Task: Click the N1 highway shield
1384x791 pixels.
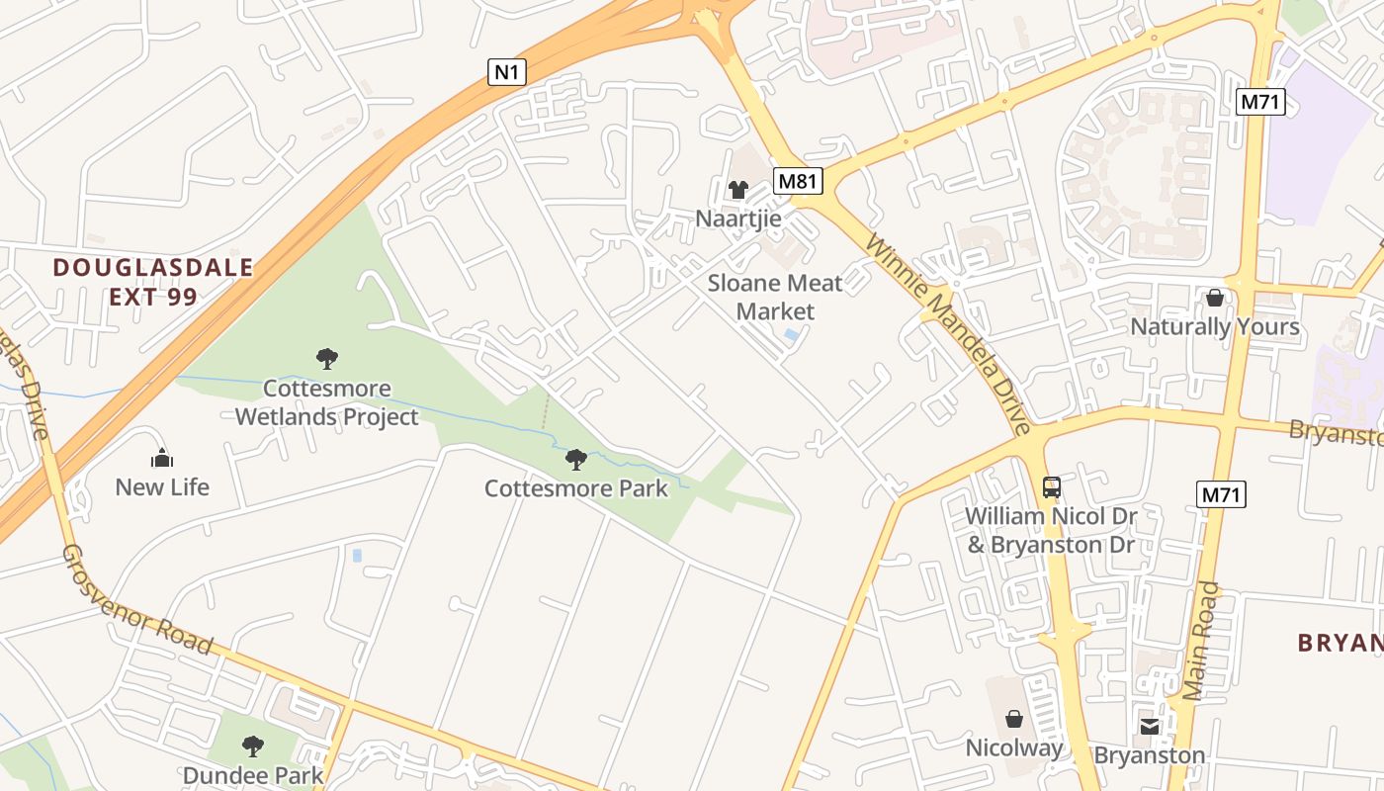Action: [507, 71]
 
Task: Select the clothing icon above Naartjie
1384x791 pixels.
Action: [738, 190]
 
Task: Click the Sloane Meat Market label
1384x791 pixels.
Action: [775, 298]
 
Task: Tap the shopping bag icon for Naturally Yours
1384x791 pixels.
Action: [1215, 298]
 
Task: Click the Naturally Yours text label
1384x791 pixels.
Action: [1215, 326]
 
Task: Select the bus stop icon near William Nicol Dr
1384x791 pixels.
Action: [1052, 486]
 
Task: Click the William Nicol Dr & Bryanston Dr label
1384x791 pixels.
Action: [1051, 530]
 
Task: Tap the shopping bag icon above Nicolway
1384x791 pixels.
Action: [1014, 719]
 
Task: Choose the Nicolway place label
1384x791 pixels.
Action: [1014, 747]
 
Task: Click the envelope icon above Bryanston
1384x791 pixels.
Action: [1150, 727]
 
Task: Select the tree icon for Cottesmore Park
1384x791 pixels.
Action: [575, 460]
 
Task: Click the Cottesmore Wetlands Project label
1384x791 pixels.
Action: [327, 402]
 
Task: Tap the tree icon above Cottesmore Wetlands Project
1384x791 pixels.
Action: [327, 359]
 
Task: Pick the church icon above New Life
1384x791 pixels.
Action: [162, 458]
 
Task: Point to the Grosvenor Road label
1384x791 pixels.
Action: [137, 599]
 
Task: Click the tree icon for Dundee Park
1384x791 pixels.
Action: [253, 746]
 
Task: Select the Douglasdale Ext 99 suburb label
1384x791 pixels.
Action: [153, 282]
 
